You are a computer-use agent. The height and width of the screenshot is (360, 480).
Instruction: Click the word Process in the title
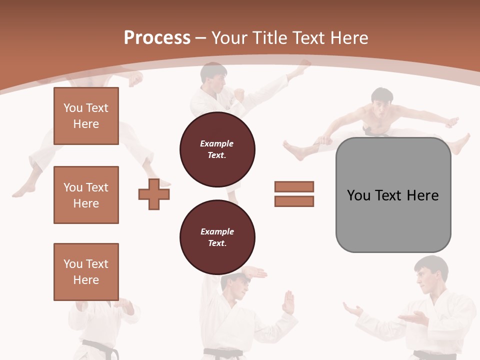point(157,37)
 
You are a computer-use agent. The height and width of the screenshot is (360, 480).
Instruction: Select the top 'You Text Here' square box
point(86,116)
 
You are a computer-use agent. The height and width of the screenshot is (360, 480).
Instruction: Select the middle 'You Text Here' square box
point(86,195)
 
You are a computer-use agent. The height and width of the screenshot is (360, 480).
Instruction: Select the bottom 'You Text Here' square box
point(86,272)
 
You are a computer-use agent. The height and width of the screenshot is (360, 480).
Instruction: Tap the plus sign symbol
point(154,194)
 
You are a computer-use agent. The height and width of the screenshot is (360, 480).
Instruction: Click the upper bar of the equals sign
point(294,186)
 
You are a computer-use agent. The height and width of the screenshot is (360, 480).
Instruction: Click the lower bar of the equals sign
point(294,201)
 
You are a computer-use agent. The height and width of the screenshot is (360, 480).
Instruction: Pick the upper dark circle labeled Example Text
point(217,149)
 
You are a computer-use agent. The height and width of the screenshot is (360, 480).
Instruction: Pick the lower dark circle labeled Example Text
point(217,237)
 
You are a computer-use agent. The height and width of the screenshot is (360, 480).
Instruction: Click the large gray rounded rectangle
point(393,220)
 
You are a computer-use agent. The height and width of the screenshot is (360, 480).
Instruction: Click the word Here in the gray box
point(422,195)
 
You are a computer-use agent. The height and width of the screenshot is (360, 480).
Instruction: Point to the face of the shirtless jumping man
point(382,102)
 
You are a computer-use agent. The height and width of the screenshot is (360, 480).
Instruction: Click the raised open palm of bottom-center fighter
point(288,302)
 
